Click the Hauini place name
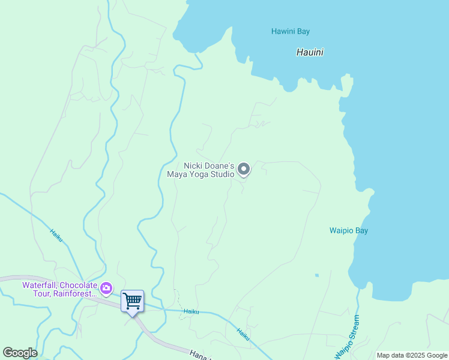coord(310,52)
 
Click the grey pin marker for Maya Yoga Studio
coord(244,170)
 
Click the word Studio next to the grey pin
coord(220,175)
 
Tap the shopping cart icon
coord(132,301)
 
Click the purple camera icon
coord(106,289)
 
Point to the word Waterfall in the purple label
coord(40,285)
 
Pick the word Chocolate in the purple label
coord(77,285)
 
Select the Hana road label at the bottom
coord(199,355)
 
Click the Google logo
coord(20,353)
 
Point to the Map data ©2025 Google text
coord(412,355)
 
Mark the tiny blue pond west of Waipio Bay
coord(316,275)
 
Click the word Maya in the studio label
coord(176,175)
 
